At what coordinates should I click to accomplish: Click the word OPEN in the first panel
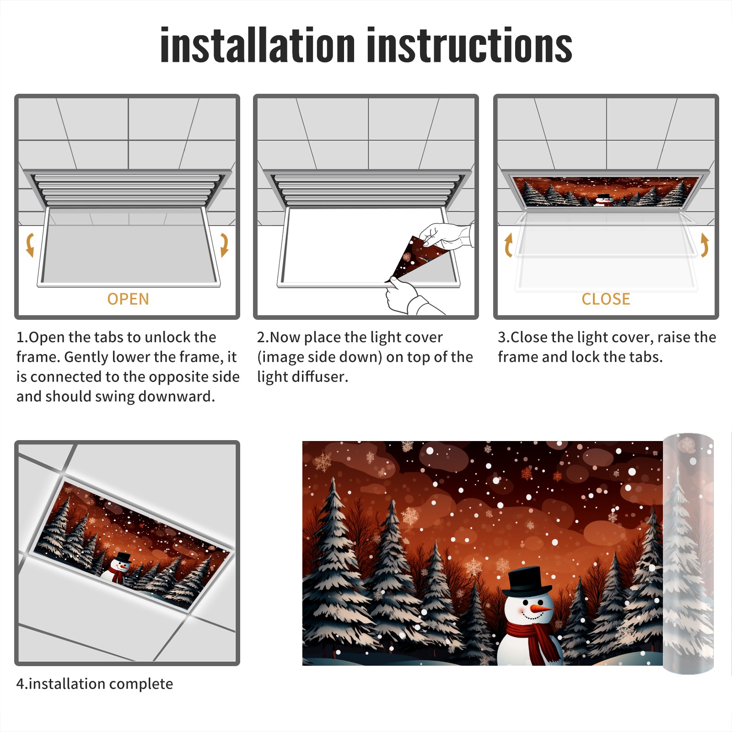128,299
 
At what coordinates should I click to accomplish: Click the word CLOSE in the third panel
606,299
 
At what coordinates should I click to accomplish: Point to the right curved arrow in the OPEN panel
224,245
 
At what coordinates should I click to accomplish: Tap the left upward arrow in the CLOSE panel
508,245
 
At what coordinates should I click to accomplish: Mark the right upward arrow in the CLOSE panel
705,245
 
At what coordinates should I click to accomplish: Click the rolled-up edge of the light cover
688,554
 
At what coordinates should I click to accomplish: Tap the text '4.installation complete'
95,684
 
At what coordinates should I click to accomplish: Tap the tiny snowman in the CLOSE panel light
605,200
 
